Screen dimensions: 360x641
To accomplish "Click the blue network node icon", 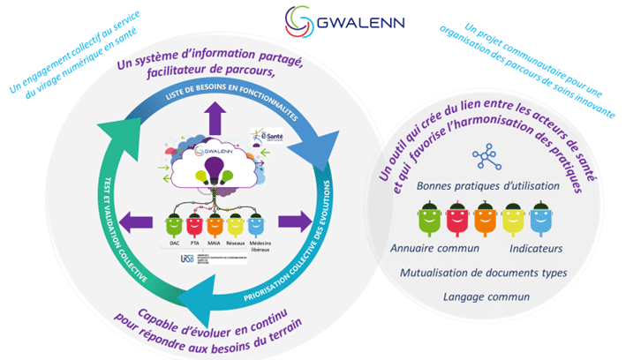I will pos(485,157).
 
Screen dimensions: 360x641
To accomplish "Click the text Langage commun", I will pos(483,296).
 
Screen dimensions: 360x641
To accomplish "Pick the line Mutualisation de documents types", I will pos(483,273).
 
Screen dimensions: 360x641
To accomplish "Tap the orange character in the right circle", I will pos(485,219).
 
